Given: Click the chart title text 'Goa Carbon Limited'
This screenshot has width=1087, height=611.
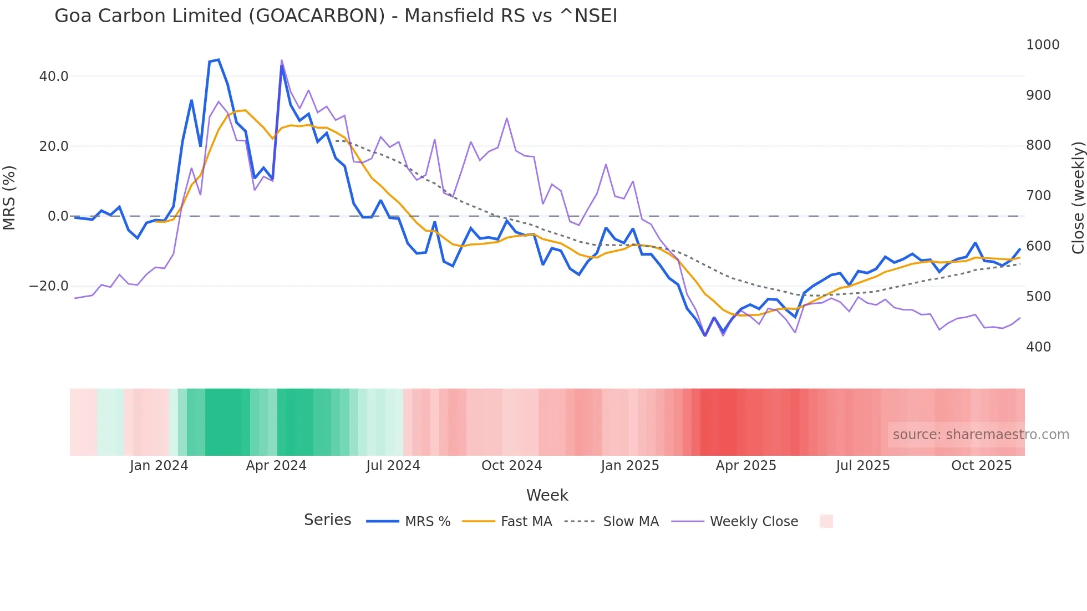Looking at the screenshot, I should (148, 16).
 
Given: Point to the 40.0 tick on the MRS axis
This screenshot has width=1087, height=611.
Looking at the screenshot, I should (54, 77).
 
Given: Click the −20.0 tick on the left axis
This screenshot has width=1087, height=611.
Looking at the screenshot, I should (49, 286).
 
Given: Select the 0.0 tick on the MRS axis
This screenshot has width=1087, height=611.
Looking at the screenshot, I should (58, 216).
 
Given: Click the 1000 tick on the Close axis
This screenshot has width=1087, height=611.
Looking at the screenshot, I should (1043, 45).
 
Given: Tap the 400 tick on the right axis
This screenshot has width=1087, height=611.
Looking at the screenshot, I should (1038, 347).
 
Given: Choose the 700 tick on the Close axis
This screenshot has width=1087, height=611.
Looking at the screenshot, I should (1038, 196).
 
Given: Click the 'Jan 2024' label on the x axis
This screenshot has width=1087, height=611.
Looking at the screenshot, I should (159, 466).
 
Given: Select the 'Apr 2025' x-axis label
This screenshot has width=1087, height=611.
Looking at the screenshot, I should (746, 466).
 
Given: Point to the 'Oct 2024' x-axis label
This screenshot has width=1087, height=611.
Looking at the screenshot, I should (511, 466).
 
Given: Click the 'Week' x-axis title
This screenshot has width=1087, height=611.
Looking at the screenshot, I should (547, 495).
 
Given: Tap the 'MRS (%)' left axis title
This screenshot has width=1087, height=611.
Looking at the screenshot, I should (9, 197).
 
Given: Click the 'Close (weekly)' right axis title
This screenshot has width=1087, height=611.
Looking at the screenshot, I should (1078, 198).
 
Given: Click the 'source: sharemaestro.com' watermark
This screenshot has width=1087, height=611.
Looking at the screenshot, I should (981, 435).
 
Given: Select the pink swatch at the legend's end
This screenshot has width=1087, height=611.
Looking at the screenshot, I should (826, 521).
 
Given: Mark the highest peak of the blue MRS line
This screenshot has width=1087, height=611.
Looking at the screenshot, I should (219, 59).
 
